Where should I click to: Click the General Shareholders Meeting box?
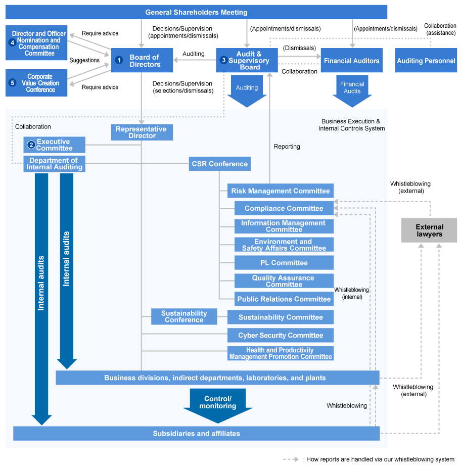click(196, 12)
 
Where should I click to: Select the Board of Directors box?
click(142, 61)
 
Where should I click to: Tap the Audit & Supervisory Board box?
click(247, 61)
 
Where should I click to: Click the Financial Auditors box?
click(351, 61)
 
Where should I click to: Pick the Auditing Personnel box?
click(426, 61)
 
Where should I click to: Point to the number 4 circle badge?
click(12, 42)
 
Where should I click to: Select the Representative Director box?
click(142, 132)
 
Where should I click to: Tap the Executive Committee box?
click(54, 145)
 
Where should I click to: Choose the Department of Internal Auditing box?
click(54, 164)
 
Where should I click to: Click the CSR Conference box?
click(219, 164)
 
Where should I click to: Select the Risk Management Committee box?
click(281, 191)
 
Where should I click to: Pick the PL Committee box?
click(284, 263)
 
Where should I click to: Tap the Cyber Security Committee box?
click(281, 335)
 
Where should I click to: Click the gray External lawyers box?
click(429, 230)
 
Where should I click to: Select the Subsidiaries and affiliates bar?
click(196, 434)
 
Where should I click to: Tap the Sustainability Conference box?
click(184, 317)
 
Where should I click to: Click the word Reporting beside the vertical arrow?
click(287, 147)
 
